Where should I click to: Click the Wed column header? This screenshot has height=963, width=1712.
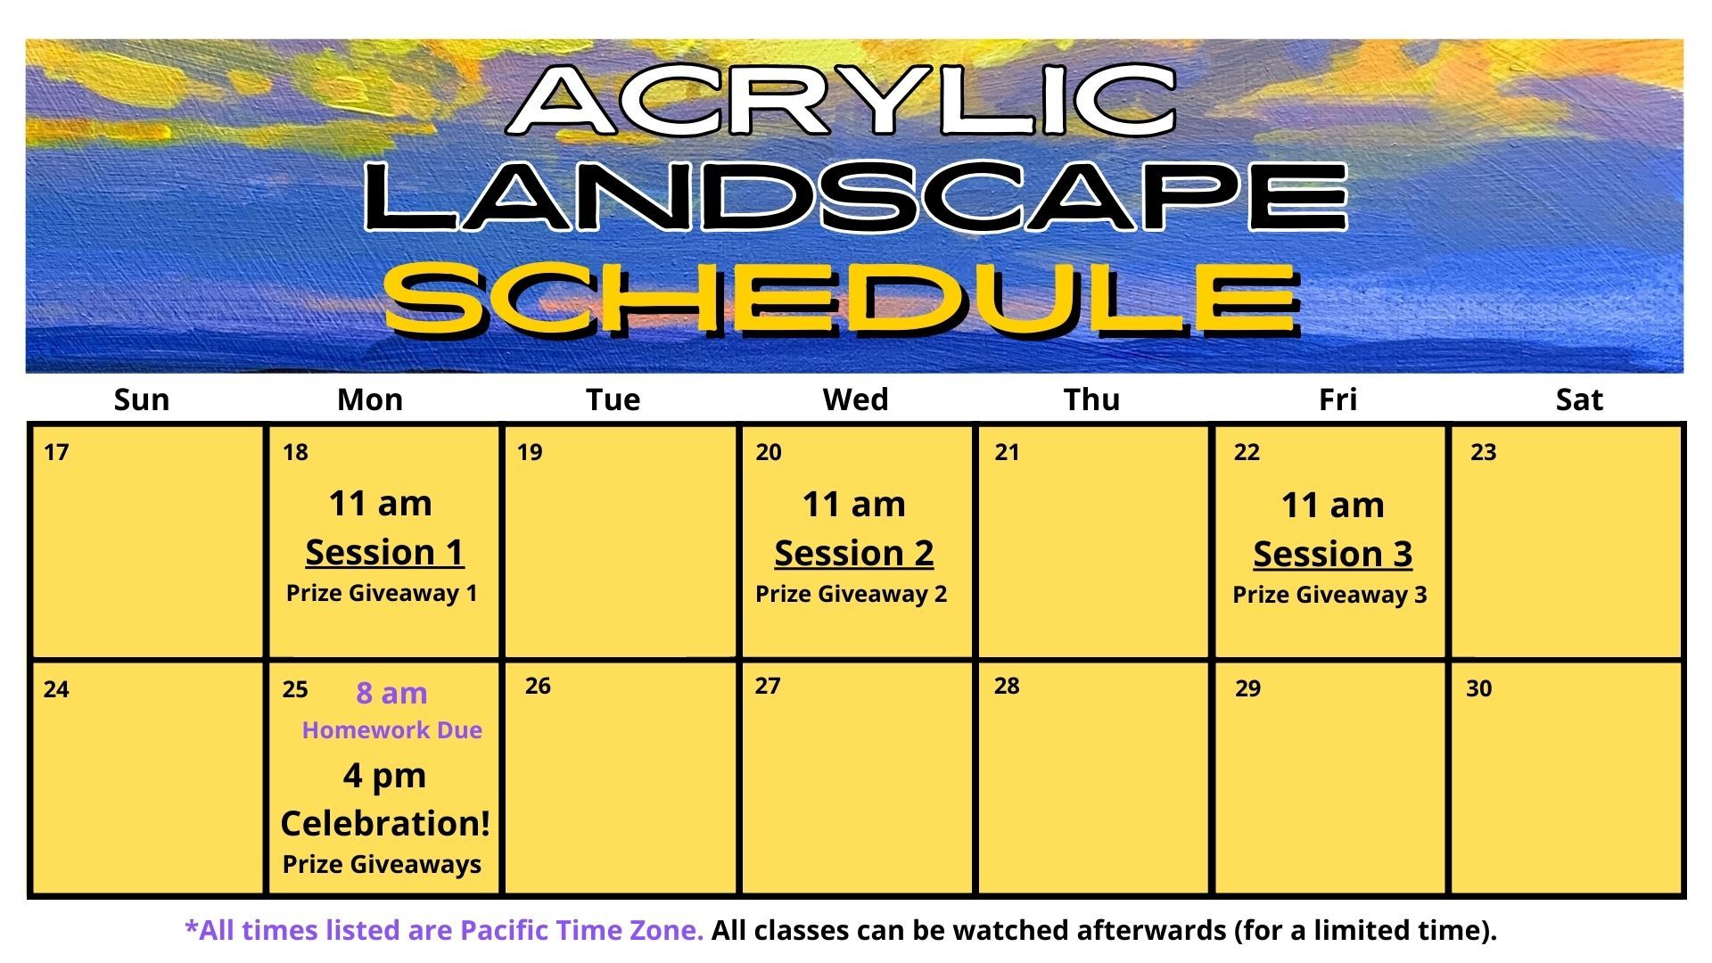click(x=855, y=399)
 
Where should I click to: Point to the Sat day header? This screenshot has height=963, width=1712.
click(x=1578, y=399)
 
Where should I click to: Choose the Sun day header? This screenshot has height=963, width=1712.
click(x=141, y=399)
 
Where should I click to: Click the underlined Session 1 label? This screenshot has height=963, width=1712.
click(x=384, y=553)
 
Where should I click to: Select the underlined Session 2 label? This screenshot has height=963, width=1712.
click(x=853, y=554)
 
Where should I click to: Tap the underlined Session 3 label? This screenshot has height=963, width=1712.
click(x=1332, y=555)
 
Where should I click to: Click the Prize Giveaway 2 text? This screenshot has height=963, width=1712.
click(x=851, y=594)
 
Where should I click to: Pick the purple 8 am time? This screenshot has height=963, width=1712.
click(x=391, y=693)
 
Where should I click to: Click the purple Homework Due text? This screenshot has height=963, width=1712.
click(x=391, y=730)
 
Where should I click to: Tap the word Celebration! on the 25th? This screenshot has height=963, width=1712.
click(x=385, y=823)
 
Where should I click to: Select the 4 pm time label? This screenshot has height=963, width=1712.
click(x=384, y=776)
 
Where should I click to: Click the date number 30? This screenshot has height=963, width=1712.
click(x=1478, y=688)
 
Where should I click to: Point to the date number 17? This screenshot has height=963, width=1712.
click(x=56, y=453)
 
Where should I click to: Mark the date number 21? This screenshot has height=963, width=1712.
click(x=1007, y=453)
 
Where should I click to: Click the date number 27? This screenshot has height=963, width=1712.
click(x=767, y=686)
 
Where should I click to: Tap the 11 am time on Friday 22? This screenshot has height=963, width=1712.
click(x=1332, y=506)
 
